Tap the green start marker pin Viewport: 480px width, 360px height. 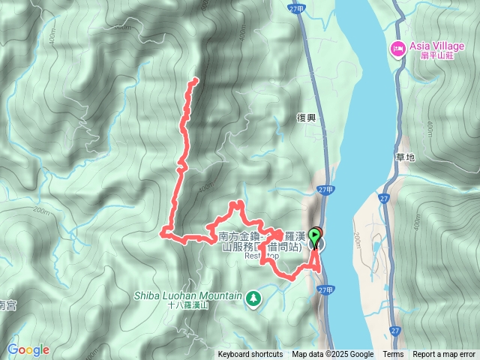pyautogui.click(x=316, y=241)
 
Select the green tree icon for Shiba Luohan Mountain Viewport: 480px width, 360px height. pyautogui.click(x=254, y=298)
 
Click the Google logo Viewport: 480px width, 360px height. pyautogui.click(x=28, y=349)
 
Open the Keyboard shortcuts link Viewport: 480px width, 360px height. pyautogui.click(x=250, y=355)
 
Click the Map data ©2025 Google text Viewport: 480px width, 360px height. pyautogui.click(x=333, y=355)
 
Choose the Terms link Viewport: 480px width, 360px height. pyautogui.click(x=393, y=355)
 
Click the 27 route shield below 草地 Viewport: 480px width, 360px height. pyautogui.click(x=384, y=199)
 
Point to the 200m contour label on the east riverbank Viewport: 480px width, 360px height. pyautogui.click(x=358, y=239)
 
